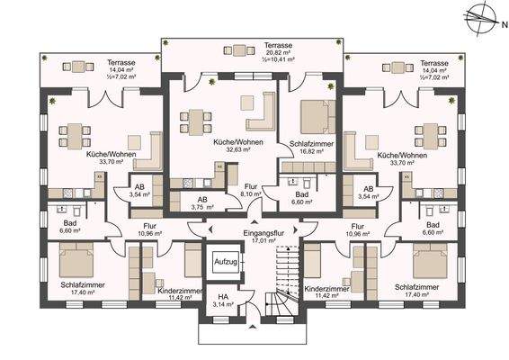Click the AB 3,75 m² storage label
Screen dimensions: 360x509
point(200,202)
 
